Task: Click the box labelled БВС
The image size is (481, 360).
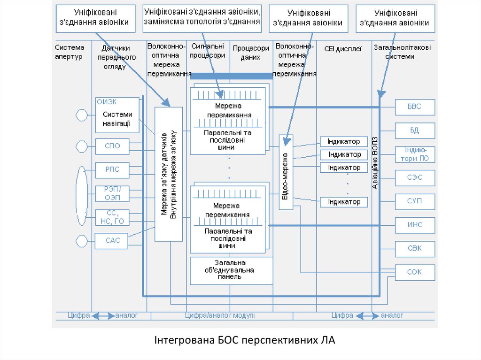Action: click(x=415, y=107)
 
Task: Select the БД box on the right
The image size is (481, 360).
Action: click(x=415, y=130)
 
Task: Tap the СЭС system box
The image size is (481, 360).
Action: click(x=415, y=178)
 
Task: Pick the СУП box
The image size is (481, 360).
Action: click(x=415, y=201)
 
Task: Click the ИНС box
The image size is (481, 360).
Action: click(x=415, y=225)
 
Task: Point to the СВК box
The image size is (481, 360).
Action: click(x=415, y=248)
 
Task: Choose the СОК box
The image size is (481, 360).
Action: click(x=415, y=272)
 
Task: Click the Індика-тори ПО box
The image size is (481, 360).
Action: click(x=415, y=154)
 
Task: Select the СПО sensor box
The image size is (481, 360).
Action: click(x=113, y=146)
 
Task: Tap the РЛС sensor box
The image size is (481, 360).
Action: click(x=113, y=170)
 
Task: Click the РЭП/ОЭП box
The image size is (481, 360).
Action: click(x=113, y=193)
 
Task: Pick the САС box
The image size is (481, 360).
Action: click(x=113, y=241)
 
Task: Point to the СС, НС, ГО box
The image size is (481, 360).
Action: click(x=113, y=217)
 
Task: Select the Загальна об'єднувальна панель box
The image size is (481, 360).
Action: click(x=231, y=270)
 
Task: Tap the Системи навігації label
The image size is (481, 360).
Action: click(x=117, y=119)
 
